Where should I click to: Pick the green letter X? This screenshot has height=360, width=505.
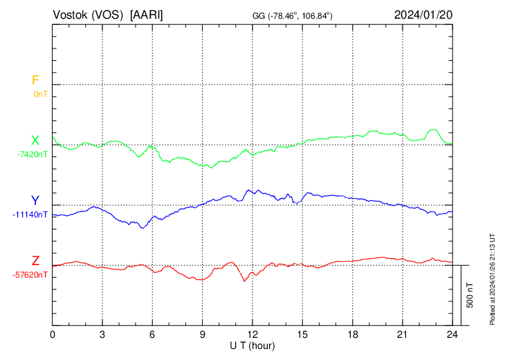[x=35, y=141]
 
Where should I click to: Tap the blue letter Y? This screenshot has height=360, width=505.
[x=35, y=201]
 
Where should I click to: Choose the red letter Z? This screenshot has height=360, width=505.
[x=35, y=261]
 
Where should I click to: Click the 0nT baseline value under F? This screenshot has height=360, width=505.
[x=40, y=93]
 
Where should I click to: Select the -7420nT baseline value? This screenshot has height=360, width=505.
[x=33, y=154]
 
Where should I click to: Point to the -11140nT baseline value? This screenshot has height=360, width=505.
[x=30, y=214]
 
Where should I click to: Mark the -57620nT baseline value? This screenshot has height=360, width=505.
[x=30, y=275]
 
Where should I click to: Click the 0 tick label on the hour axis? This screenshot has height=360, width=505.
[x=53, y=334]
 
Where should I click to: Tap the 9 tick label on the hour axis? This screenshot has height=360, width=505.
[x=203, y=334]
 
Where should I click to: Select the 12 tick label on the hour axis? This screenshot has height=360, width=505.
[x=252, y=334]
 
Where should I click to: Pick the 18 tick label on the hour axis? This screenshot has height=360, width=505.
[x=352, y=334]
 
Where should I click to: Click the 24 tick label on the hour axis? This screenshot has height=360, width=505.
[x=452, y=334]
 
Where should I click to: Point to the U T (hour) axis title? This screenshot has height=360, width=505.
[x=252, y=345]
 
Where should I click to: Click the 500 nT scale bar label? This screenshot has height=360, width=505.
[x=470, y=295]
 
